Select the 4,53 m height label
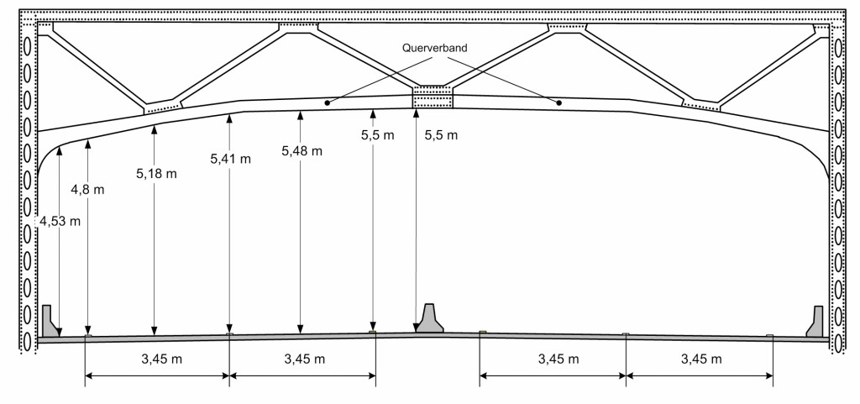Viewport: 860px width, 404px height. [x=60, y=222]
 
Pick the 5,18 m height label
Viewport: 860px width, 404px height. [x=157, y=174]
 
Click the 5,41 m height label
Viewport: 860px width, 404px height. [x=230, y=159]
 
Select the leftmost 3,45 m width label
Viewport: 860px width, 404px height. [x=157, y=359]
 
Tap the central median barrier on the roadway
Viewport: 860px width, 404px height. [x=430, y=319]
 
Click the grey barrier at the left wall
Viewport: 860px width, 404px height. [x=50, y=323]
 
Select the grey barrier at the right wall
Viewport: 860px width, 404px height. [x=815, y=323]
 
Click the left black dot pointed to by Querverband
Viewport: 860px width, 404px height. [x=327, y=103]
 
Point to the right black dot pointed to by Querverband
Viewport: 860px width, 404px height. [x=558, y=103]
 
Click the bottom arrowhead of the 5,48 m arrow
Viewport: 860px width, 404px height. [x=300, y=329]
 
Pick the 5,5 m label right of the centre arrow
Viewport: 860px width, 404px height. [x=443, y=134]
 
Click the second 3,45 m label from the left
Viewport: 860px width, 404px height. [x=302, y=359]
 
